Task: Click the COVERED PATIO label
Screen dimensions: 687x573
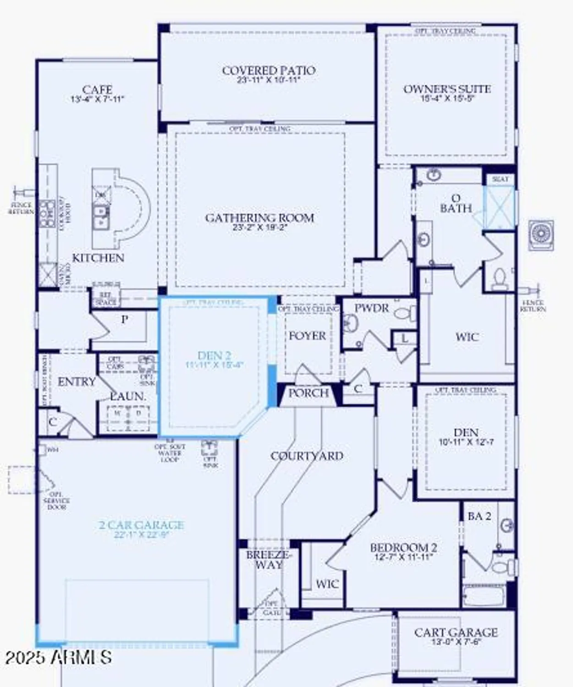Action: tap(269, 71)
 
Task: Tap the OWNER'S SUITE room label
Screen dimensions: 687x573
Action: tap(447, 89)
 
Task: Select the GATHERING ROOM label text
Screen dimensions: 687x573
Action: tap(259, 218)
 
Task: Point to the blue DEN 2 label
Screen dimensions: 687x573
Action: tap(214, 355)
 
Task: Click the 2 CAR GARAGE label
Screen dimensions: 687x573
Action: tap(141, 525)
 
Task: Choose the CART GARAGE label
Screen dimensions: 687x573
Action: tap(456, 632)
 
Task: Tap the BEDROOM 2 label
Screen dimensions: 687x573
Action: tap(403, 548)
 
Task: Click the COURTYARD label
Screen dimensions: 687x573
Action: tap(307, 456)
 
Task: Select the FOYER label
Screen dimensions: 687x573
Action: tap(307, 336)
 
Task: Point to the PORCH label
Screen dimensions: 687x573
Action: tap(309, 393)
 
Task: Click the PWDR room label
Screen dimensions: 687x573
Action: tap(371, 308)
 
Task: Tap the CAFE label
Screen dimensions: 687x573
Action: tap(97, 90)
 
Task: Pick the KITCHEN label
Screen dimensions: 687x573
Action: tap(98, 258)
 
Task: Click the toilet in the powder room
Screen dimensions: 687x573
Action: tap(405, 314)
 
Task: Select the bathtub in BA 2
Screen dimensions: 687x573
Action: tap(484, 596)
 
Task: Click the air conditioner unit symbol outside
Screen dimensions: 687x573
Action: tap(541, 235)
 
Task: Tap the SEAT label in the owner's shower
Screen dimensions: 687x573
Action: tap(500, 179)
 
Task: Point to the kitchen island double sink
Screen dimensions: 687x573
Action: tap(100, 217)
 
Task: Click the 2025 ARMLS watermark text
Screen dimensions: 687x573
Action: tap(58, 657)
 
